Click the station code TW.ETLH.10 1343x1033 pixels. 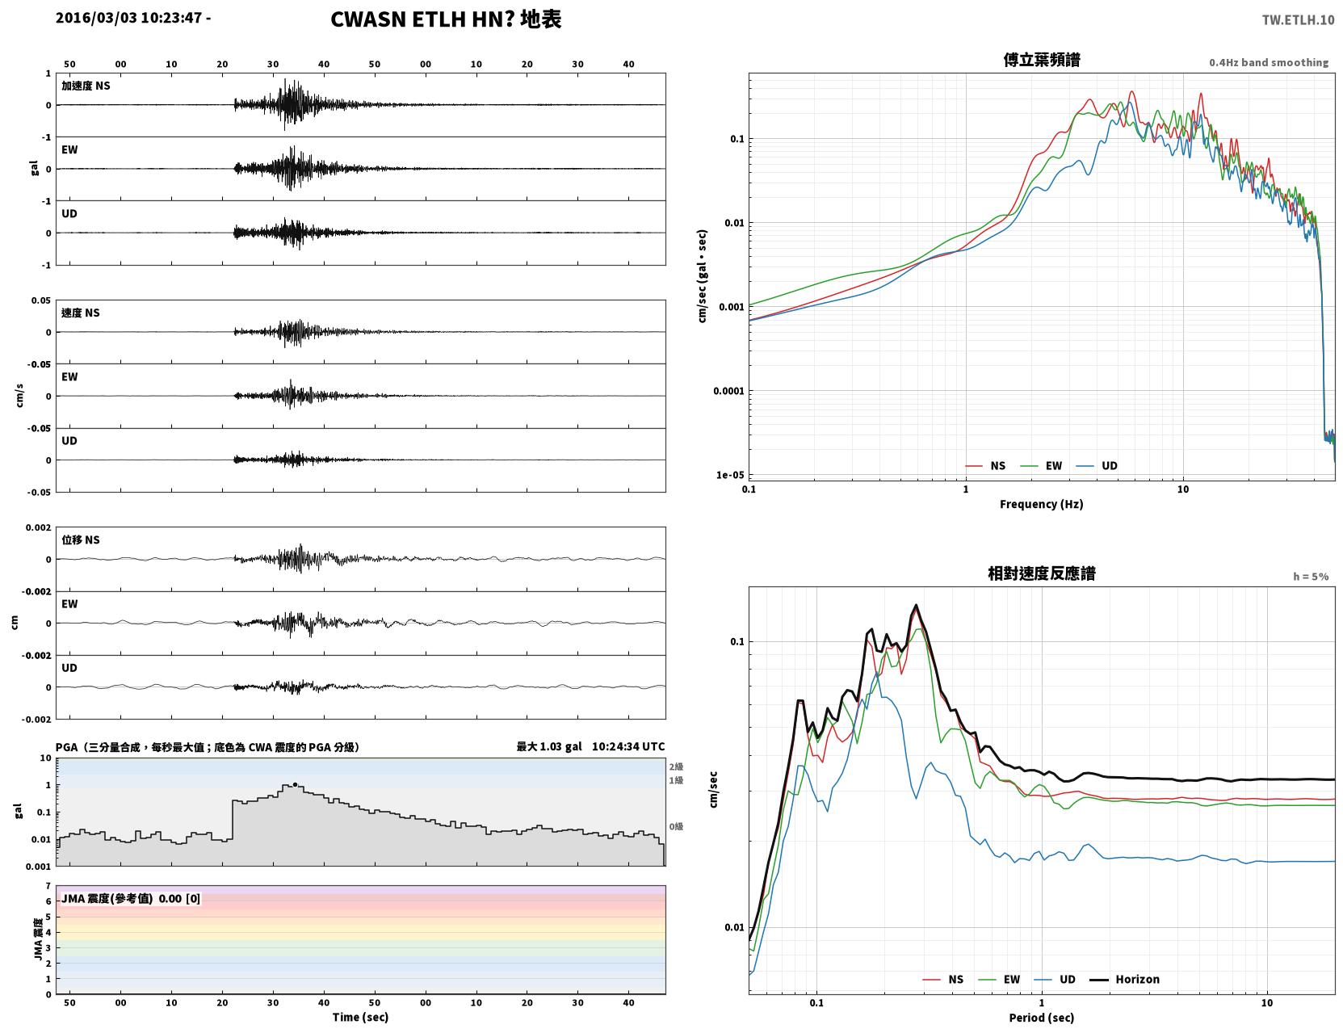1297,20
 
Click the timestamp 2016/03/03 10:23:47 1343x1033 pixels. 128,18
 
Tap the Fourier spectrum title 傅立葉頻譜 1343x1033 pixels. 1041,60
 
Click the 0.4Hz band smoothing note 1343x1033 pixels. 1268,62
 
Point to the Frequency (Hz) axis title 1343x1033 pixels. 1041,504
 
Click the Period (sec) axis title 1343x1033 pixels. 1041,1018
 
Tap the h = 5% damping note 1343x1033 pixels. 1310,577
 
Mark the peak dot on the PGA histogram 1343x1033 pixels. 295,784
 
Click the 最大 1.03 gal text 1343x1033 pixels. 549,746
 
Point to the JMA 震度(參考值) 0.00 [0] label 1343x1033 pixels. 130,898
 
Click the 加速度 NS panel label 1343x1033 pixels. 86,86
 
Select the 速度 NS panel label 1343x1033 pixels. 80,313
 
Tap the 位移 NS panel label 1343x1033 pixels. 80,540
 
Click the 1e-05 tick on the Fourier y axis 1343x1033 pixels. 729,474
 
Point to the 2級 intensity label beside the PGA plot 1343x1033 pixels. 675,766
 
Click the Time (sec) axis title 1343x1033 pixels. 360,1017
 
